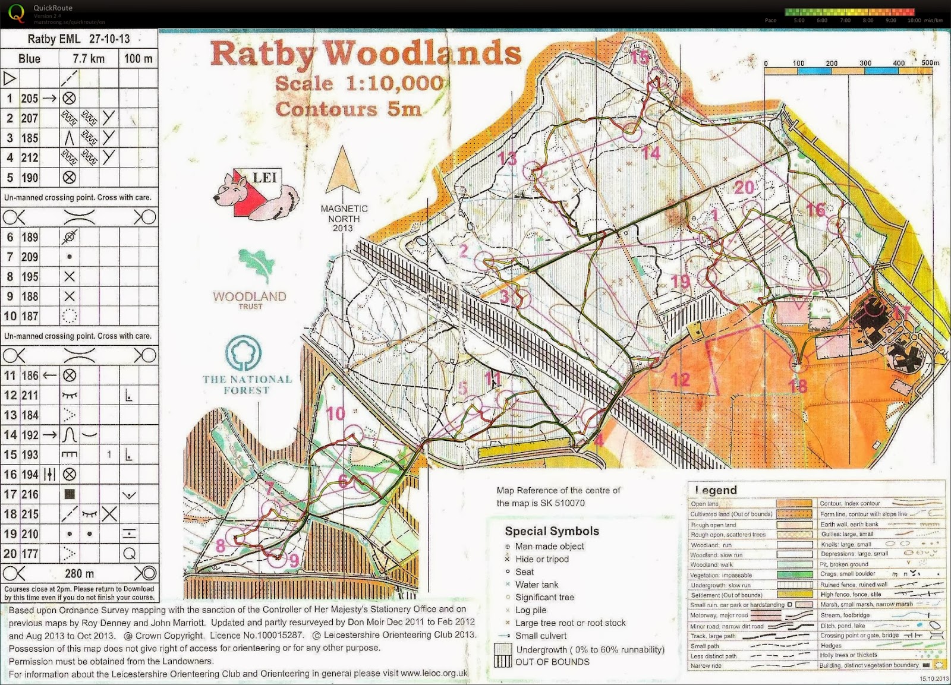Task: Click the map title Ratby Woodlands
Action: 366,53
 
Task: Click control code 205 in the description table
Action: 30,99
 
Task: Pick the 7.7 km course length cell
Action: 89,59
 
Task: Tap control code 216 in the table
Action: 30,494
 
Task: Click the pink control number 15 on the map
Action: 640,58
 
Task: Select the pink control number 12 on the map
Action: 680,379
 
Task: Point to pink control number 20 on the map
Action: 744,188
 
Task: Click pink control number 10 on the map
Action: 336,413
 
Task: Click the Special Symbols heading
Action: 552,531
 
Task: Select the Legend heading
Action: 716,490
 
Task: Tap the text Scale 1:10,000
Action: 360,83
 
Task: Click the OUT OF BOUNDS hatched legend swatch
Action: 503,656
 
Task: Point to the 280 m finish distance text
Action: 80,573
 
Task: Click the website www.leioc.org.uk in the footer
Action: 434,674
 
